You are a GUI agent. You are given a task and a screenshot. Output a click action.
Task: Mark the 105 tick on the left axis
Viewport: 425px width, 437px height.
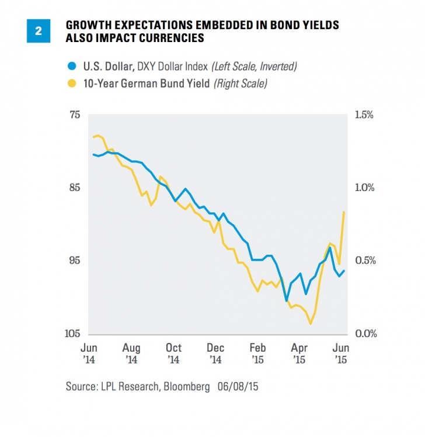tap(72, 334)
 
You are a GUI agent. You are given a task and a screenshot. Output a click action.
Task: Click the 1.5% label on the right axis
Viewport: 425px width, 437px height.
tap(364, 115)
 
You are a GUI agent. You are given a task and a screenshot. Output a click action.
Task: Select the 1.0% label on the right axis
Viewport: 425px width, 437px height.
tap(364, 188)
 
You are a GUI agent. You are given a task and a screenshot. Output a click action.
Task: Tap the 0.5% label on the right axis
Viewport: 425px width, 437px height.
tap(364, 261)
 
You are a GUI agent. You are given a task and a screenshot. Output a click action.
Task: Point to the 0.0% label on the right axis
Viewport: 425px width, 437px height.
tap(364, 334)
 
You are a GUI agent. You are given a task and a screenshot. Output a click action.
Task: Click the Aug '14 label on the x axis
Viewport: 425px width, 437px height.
tap(131, 353)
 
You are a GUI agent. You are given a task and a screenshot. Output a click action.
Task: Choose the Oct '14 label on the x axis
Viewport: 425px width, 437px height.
tap(173, 353)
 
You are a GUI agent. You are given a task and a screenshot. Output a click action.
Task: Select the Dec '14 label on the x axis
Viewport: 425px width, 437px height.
tap(215, 353)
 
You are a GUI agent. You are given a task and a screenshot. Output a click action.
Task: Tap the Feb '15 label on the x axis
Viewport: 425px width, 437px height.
tap(257, 353)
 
